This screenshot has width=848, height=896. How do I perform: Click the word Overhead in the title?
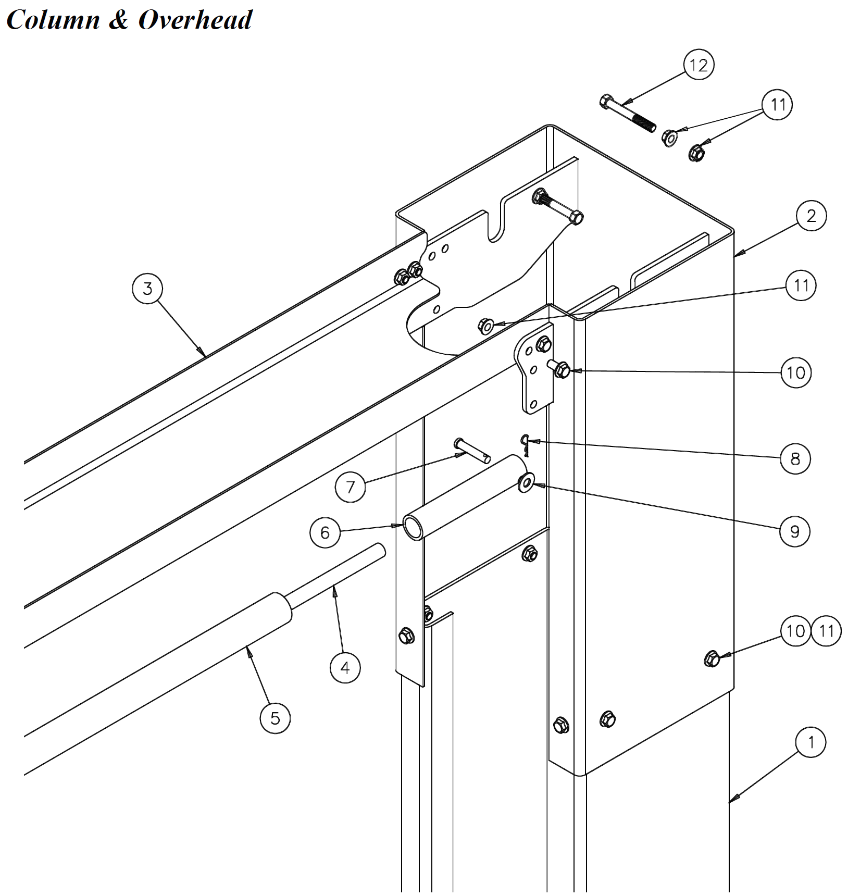(x=195, y=20)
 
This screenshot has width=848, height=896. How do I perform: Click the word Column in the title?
(x=53, y=20)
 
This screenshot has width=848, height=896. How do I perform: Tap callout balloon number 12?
(x=698, y=65)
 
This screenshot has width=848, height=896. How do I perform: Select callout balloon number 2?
(x=811, y=216)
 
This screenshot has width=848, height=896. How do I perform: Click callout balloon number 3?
(x=147, y=288)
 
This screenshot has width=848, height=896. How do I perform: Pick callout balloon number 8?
(x=795, y=458)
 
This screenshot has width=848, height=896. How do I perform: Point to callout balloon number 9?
(x=794, y=531)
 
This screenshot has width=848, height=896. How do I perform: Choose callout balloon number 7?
(x=350, y=487)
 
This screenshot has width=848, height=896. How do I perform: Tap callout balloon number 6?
(x=325, y=532)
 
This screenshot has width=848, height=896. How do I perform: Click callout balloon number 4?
(x=345, y=667)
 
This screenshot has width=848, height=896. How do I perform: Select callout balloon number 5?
(x=275, y=718)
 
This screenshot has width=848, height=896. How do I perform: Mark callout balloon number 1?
(x=810, y=742)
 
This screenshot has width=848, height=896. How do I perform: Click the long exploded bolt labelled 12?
(x=628, y=114)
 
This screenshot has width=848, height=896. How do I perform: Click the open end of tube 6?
(x=413, y=528)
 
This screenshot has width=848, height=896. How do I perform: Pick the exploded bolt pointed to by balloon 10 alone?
(x=558, y=368)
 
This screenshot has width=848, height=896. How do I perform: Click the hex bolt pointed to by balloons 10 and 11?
(x=712, y=659)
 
